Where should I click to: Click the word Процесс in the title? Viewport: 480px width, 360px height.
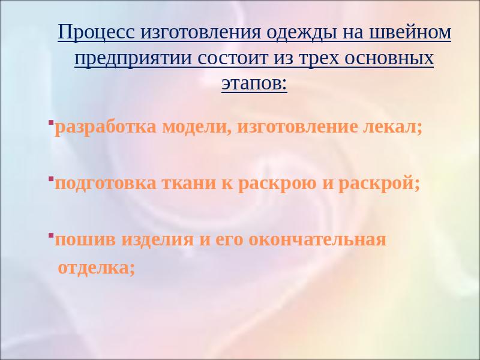click(96, 32)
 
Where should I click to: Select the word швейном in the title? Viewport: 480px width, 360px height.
click(410, 32)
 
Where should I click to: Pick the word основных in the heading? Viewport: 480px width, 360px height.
click(389, 58)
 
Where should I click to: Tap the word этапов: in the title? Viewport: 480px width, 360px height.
click(254, 83)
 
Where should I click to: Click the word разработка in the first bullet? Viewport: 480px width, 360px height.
click(106, 128)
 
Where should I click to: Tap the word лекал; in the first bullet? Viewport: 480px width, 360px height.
click(392, 127)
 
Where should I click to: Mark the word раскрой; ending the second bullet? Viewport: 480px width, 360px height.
click(379, 184)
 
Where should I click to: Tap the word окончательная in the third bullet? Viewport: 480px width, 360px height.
click(317, 239)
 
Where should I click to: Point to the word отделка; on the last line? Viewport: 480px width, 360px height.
click(97, 268)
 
